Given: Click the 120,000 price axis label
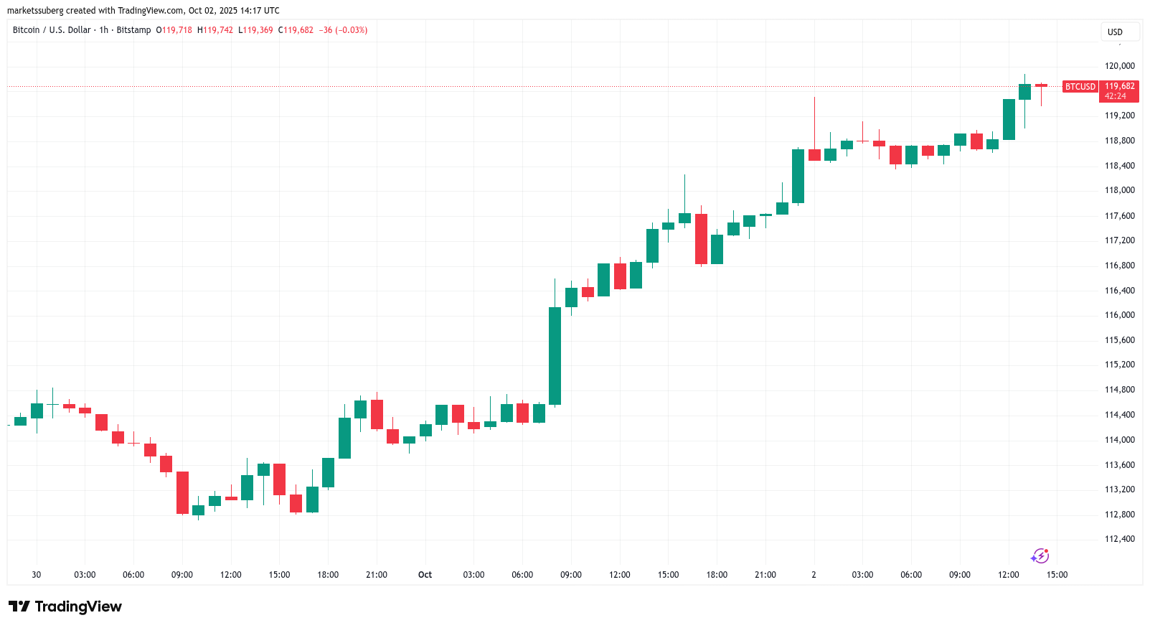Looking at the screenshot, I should click(1119, 66).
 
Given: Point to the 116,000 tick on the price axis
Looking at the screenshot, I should click(1119, 315).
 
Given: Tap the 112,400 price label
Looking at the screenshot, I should click(1119, 539).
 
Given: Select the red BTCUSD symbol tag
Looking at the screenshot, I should click(1080, 87).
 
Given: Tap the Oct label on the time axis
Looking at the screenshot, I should click(425, 575).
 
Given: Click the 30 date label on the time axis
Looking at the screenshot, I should click(37, 575).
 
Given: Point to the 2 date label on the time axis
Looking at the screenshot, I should click(814, 575).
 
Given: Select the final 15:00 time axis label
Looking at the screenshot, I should click(1057, 575).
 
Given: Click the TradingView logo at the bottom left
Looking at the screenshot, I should click(65, 606).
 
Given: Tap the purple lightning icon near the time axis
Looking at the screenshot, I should click(1040, 556).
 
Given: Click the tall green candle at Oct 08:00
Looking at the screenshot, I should click(555, 355).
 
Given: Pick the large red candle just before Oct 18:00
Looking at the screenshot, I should click(701, 239).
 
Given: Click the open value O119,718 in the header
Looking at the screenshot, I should click(174, 30).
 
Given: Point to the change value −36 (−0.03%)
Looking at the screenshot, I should click(343, 30).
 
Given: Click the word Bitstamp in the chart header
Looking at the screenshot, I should click(133, 30).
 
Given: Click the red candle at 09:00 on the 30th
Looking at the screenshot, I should click(182, 492).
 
